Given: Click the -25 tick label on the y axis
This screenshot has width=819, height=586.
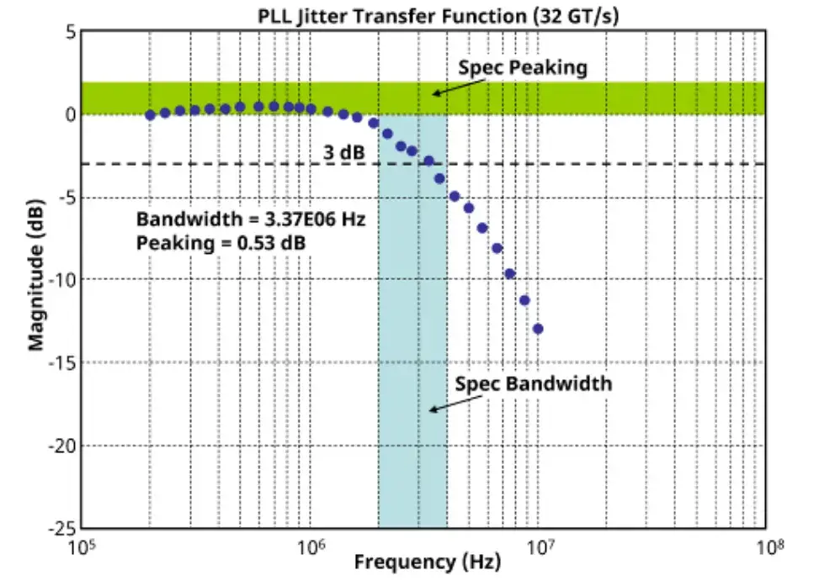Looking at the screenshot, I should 62,528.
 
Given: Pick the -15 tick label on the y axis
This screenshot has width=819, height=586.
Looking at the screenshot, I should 62,362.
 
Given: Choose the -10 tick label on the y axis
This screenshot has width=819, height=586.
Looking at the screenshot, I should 62,280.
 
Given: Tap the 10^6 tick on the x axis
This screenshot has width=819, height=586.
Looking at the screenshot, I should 311,547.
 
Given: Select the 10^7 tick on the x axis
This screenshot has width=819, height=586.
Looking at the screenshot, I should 539,547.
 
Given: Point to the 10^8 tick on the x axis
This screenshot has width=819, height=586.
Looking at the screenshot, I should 766,547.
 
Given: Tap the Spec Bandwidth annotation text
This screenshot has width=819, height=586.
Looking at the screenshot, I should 534,384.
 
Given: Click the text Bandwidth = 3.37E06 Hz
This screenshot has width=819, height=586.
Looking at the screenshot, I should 251,220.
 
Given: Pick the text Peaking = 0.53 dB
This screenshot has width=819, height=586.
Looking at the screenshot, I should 221,242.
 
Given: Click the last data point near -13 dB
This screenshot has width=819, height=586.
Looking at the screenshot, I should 538,329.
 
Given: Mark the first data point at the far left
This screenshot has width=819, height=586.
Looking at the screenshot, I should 151,115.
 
